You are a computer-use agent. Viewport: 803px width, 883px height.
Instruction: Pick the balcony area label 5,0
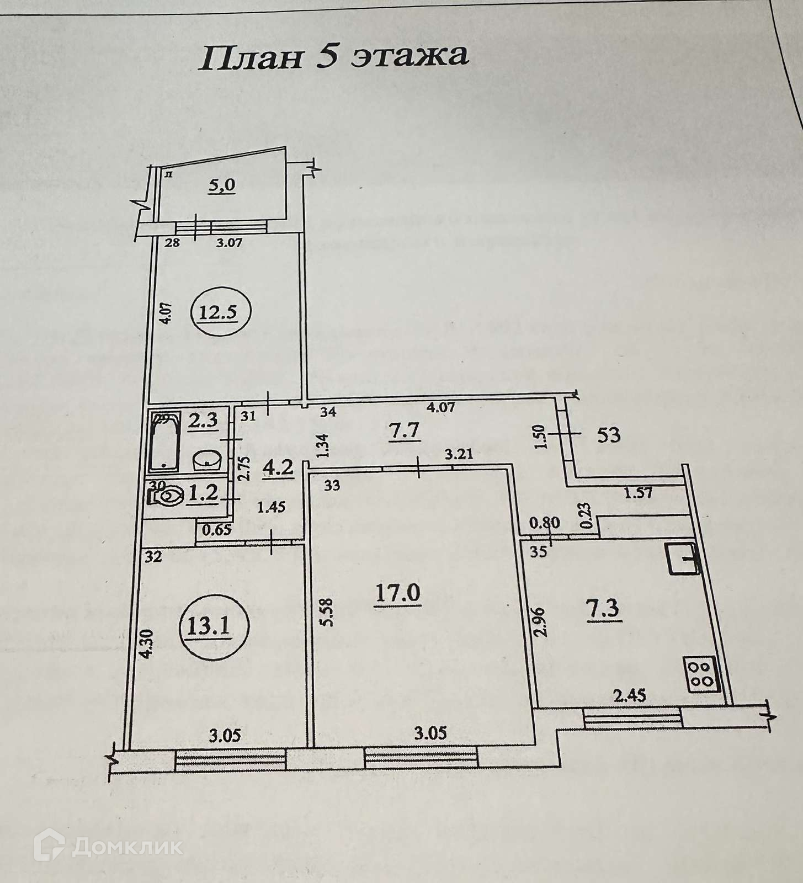coord(221,184)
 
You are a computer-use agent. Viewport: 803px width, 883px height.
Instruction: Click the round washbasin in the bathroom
coord(208,458)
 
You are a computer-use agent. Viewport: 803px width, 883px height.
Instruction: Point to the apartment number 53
coord(609,435)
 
